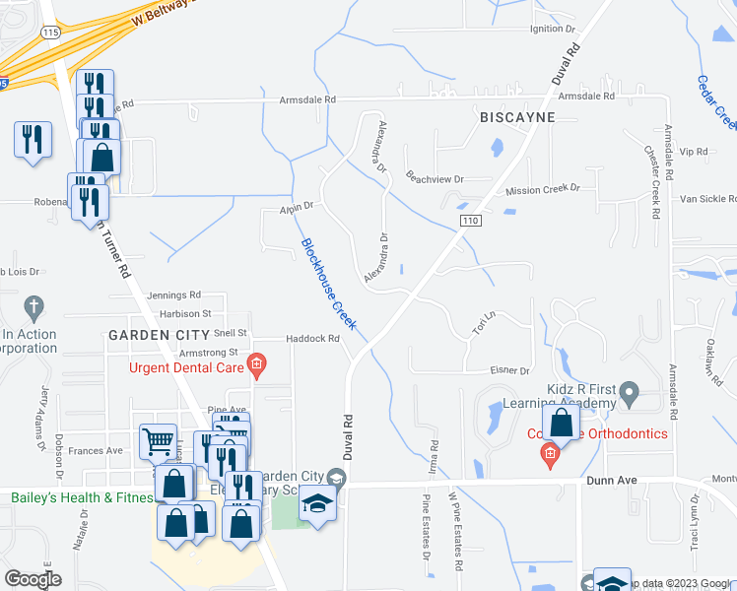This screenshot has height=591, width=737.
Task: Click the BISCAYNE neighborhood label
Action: pyautogui.click(x=517, y=117)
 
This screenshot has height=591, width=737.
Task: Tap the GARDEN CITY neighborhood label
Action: pyautogui.click(x=161, y=335)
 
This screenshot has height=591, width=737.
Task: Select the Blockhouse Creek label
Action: pyautogui.click(x=328, y=286)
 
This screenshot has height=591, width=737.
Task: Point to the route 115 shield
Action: pyautogui.click(x=52, y=33)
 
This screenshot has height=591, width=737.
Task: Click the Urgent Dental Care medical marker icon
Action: pyautogui.click(x=256, y=368)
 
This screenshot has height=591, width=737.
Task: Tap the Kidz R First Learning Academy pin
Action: pyautogui.click(x=631, y=395)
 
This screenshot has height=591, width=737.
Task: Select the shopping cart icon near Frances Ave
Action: pyautogui.click(x=158, y=441)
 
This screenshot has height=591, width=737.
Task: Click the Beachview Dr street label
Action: pyautogui.click(x=435, y=178)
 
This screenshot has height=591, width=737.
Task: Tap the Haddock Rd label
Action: pyautogui.click(x=312, y=339)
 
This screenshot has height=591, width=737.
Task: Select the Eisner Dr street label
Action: pyautogui.click(x=511, y=370)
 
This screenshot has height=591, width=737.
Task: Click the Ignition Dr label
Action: pyautogui.click(x=553, y=29)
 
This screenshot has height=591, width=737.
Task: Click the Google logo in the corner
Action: pyautogui.click(x=33, y=578)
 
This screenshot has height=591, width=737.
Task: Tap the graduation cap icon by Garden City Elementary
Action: pyautogui.click(x=317, y=505)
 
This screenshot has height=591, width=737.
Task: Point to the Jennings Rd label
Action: pyautogui.click(x=173, y=295)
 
